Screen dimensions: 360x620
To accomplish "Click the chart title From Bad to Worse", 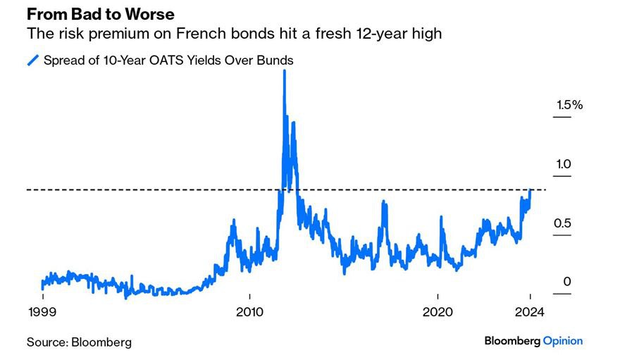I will click(x=101, y=14).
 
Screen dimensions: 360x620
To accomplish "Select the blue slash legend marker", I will click(x=32, y=61).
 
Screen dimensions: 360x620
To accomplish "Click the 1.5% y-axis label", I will click(x=569, y=104).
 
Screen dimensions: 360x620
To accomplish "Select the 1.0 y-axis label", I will click(x=563, y=163).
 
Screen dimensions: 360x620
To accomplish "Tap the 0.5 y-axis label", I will click(x=563, y=223).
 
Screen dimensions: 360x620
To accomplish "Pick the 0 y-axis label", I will click(x=566, y=283).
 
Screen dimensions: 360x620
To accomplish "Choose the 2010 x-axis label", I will click(x=250, y=312).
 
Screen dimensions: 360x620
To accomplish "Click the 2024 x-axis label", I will click(x=530, y=312).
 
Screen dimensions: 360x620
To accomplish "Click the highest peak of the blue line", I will click(x=284, y=71).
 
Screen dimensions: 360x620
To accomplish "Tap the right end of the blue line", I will click(x=530, y=191).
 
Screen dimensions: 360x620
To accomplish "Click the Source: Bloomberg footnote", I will click(x=79, y=342).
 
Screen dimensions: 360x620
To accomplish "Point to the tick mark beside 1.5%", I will click(x=562, y=116).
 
